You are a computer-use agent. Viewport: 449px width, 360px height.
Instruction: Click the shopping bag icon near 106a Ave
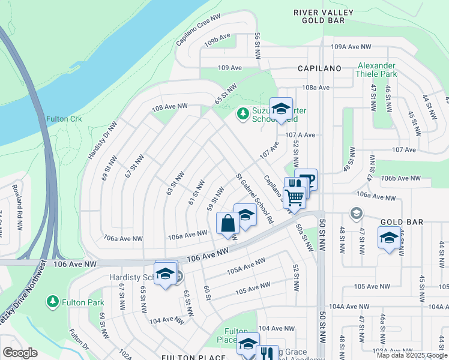tap(228, 224)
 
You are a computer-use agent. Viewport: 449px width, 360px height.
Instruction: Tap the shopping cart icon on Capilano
tap(294, 196)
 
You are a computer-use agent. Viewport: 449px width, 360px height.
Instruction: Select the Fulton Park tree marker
tap(53, 301)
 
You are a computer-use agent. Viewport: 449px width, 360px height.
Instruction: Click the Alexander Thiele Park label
tap(376, 70)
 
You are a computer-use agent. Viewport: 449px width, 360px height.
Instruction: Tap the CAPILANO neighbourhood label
tap(319, 69)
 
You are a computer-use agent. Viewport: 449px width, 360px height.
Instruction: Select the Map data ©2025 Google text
tap(412, 355)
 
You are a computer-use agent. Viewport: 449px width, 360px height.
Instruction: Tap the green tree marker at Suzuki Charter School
tap(243, 113)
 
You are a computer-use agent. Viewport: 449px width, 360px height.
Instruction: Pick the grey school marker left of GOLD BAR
tap(357, 214)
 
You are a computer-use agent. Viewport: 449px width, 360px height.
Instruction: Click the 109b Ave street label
tap(217, 41)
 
